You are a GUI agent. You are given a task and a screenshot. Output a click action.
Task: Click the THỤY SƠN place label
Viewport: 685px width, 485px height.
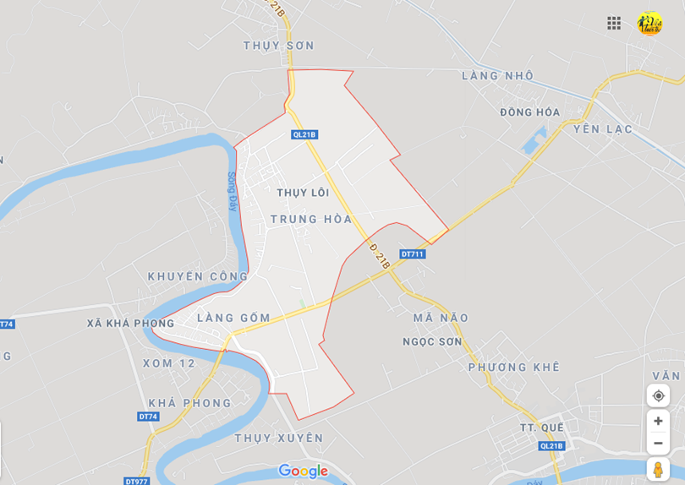[x=278, y=46]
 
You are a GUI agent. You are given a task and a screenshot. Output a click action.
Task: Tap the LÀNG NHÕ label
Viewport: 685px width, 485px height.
[x=497, y=76]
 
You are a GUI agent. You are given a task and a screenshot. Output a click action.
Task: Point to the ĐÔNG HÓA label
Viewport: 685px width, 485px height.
[x=529, y=112]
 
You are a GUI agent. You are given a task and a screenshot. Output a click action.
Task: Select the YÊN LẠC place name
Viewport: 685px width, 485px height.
[x=603, y=129]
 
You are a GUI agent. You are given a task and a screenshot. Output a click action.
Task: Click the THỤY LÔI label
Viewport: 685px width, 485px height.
[x=303, y=193]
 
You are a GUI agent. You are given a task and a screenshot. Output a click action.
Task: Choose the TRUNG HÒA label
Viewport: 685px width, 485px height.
[x=310, y=220]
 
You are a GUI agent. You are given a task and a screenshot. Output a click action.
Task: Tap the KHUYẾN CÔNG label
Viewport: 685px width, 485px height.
[x=198, y=276]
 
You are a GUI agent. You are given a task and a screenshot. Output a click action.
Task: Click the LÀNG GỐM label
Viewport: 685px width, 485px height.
[x=233, y=319]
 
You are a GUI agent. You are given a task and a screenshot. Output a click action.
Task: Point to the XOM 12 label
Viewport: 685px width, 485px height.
[x=169, y=363]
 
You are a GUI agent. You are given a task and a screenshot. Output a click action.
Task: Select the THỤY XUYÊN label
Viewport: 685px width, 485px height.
[x=278, y=438]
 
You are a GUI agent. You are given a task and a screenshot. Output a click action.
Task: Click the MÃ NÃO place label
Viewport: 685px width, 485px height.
[x=441, y=318]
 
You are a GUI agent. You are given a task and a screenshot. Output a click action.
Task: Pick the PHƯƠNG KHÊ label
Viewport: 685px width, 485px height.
[x=514, y=367]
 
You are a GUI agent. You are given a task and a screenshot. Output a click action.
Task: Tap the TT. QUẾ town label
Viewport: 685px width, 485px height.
[x=541, y=428]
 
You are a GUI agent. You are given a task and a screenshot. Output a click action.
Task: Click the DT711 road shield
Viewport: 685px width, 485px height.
[x=413, y=254]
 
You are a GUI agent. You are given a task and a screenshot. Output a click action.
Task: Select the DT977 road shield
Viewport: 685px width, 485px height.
[x=136, y=481]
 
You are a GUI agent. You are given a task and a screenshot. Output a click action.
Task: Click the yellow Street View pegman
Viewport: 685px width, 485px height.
[x=658, y=469]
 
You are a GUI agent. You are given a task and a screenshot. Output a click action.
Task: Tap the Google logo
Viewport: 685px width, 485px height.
[x=303, y=471]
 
